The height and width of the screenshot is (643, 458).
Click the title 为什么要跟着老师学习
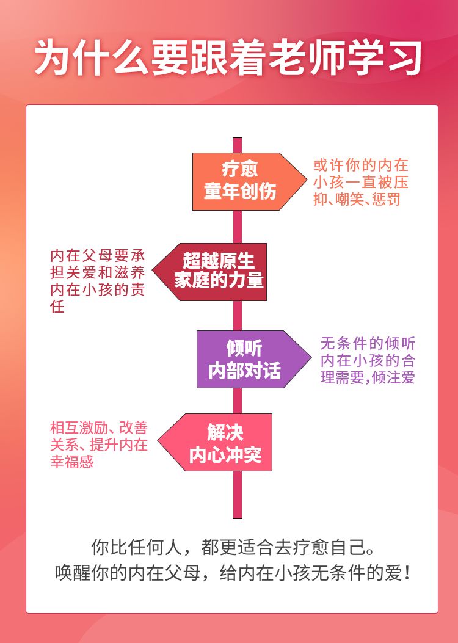[228, 58]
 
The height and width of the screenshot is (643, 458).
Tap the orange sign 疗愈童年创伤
[241, 181]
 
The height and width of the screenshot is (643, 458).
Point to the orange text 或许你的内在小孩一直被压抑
[361, 182]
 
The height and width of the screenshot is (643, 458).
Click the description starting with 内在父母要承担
[97, 280]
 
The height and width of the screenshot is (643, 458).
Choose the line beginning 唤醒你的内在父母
[228, 574]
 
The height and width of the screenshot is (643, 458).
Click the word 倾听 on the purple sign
[244, 348]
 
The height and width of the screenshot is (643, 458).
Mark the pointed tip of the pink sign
[161, 442]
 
